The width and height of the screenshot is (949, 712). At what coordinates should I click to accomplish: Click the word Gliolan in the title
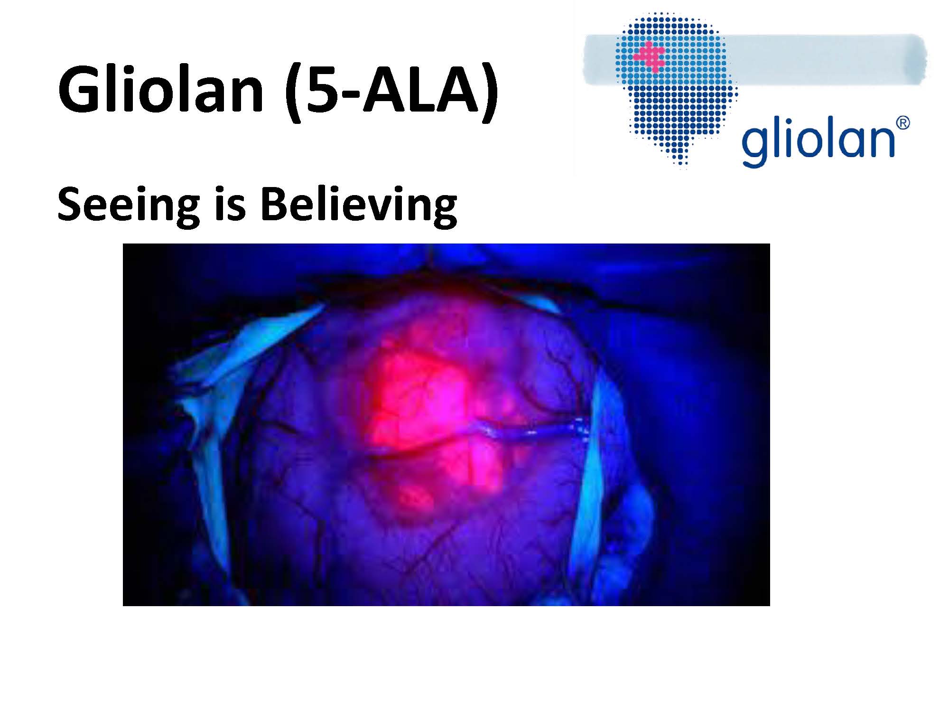(161, 90)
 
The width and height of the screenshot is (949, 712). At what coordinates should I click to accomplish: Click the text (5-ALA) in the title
(392, 92)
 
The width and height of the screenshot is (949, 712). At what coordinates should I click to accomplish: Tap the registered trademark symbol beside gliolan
(903, 123)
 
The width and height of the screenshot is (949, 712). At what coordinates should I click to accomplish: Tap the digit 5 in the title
(323, 90)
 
